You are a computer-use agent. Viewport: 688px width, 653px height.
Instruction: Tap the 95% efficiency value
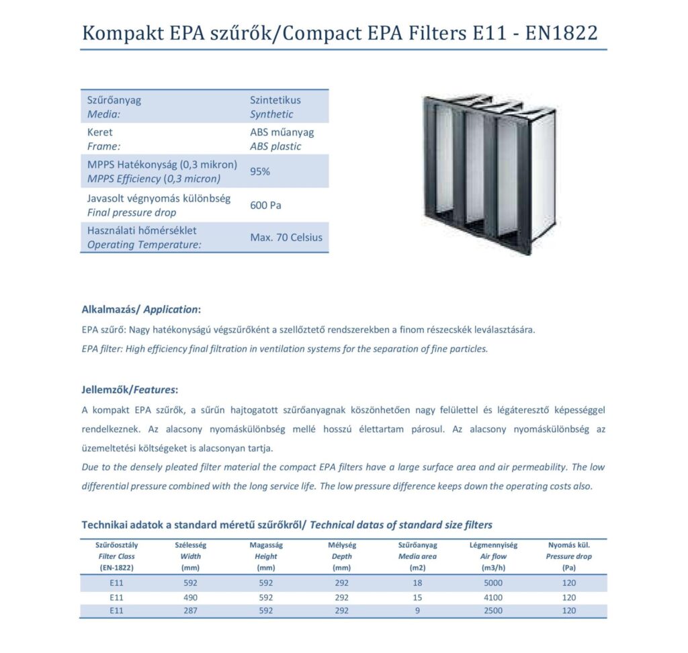(x=260, y=171)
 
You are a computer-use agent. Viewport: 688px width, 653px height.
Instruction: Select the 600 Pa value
(x=265, y=205)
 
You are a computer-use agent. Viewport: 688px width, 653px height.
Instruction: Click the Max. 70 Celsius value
(x=286, y=237)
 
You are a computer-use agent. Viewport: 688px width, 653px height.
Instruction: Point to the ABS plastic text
(x=275, y=146)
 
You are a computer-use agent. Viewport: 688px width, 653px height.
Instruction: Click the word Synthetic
(x=271, y=114)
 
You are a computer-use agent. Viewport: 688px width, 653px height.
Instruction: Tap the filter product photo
(x=488, y=171)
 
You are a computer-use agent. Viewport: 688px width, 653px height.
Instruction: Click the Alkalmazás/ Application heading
(x=141, y=310)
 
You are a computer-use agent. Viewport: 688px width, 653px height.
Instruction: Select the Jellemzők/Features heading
(x=130, y=389)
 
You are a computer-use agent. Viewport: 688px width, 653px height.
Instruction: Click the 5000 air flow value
(x=492, y=583)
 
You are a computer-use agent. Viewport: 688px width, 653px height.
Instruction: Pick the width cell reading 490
(x=191, y=597)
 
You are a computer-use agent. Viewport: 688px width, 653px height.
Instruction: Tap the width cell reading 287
(x=191, y=611)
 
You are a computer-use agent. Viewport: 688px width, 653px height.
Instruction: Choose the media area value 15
(x=417, y=597)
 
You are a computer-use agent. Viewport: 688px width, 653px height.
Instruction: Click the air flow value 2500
(x=492, y=611)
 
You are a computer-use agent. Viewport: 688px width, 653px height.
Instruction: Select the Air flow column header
(x=492, y=556)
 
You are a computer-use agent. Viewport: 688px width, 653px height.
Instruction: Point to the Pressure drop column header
(x=568, y=556)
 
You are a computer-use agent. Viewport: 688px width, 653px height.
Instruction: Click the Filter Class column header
(x=116, y=556)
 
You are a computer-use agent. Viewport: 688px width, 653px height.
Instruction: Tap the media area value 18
(x=417, y=583)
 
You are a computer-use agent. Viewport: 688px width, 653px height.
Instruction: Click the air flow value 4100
(x=492, y=597)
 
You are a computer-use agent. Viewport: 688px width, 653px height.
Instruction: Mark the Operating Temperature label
(x=144, y=245)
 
